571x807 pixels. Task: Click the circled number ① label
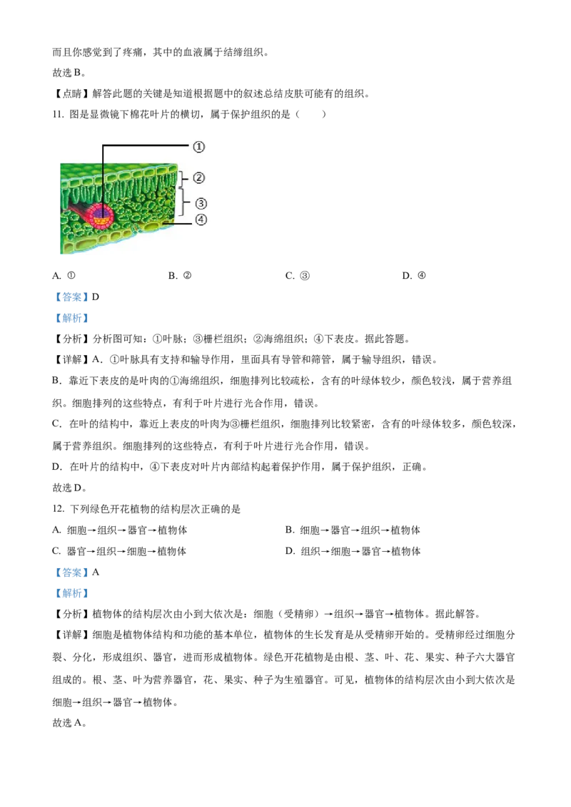pyautogui.click(x=199, y=147)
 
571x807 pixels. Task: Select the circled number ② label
pyautogui.click(x=200, y=178)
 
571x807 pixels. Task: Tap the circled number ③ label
pyautogui.click(x=201, y=203)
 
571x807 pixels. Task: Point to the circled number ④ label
pyautogui.click(x=201, y=220)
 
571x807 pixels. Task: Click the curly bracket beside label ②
pyautogui.click(x=184, y=178)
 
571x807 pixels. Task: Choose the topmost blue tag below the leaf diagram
pyautogui.click(x=71, y=297)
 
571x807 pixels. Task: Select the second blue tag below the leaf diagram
pyautogui.click(x=71, y=317)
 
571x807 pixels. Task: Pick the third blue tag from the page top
pyautogui.click(x=71, y=572)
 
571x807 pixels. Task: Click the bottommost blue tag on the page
pyautogui.click(x=71, y=593)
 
